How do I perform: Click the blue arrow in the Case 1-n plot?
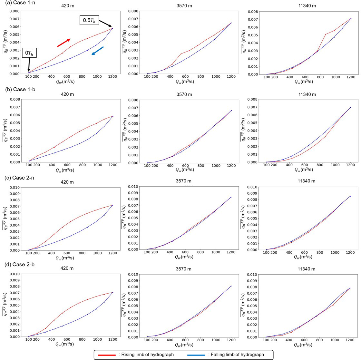(x=97, y=51)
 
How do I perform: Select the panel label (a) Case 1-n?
(x=18, y=3)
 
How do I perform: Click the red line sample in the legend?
(x=106, y=354)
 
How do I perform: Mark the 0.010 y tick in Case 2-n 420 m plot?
(x=11, y=187)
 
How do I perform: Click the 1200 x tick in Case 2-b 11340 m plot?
(x=350, y=341)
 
